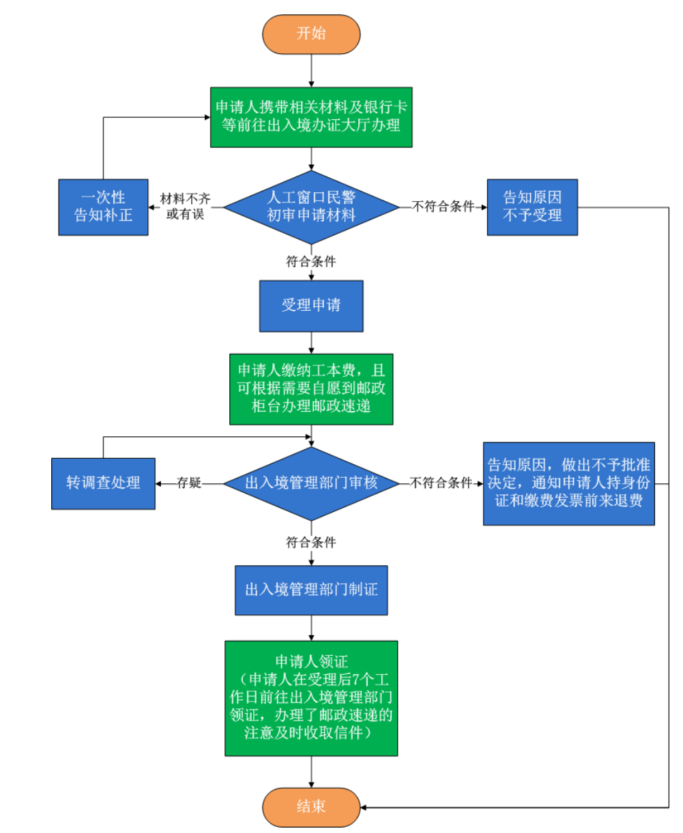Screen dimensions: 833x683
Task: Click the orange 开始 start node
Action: pyautogui.click(x=311, y=33)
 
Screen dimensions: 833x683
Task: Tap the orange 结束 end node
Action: pyautogui.click(x=311, y=807)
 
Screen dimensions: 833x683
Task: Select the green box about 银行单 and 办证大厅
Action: pyautogui.click(x=311, y=117)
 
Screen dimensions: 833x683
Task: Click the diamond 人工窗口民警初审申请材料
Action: pyautogui.click(x=311, y=207)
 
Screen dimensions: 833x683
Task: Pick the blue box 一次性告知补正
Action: pyautogui.click(x=103, y=207)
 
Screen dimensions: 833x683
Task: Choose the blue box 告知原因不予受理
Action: pyautogui.click(x=532, y=207)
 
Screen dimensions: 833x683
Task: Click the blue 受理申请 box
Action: pyautogui.click(x=311, y=305)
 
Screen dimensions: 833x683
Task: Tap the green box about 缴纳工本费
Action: pyautogui.click(x=311, y=389)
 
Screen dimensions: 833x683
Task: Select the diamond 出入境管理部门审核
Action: pyautogui.click(x=311, y=483)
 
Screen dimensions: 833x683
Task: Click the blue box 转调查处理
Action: pyautogui.click(x=103, y=483)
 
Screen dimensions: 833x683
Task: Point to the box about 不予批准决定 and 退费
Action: pyautogui.click(x=568, y=483)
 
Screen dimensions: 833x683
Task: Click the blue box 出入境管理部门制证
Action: pyautogui.click(x=311, y=590)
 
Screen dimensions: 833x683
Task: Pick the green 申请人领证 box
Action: pyautogui.click(x=311, y=698)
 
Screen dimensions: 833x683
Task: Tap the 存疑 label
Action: pyautogui.click(x=189, y=483)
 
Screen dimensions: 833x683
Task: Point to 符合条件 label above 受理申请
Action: pyautogui.click(x=311, y=261)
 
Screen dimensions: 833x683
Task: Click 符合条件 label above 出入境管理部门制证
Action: pyautogui.click(x=311, y=543)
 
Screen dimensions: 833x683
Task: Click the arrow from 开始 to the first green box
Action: pyautogui.click(x=311, y=71)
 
